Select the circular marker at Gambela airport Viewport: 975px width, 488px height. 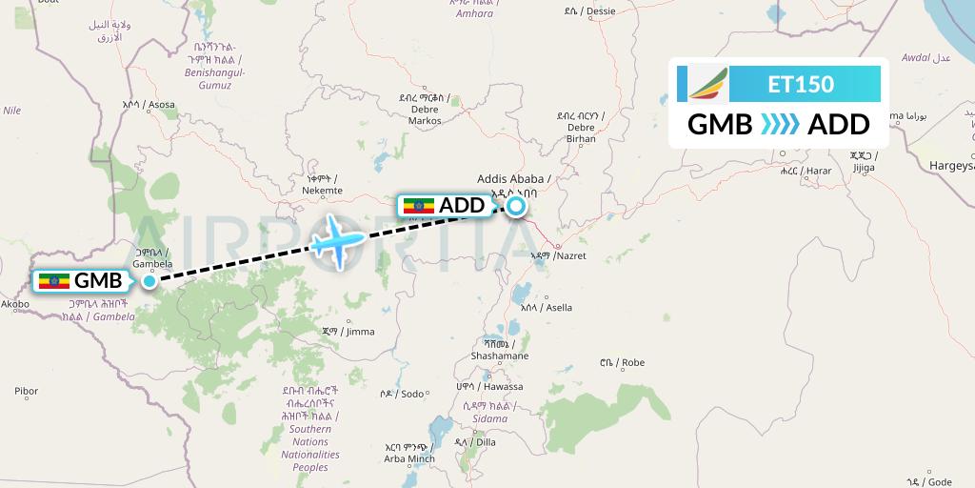[x=149, y=280]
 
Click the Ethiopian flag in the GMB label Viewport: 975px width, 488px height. [x=53, y=281]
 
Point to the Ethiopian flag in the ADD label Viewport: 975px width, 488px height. [x=419, y=205]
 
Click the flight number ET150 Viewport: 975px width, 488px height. [x=801, y=84]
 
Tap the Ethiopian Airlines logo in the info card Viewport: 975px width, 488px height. [x=706, y=83]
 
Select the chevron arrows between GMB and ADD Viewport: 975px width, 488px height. [x=780, y=125]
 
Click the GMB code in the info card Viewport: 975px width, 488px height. [x=720, y=125]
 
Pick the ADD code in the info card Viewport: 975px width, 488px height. [x=839, y=125]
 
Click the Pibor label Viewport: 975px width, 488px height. [x=27, y=391]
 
